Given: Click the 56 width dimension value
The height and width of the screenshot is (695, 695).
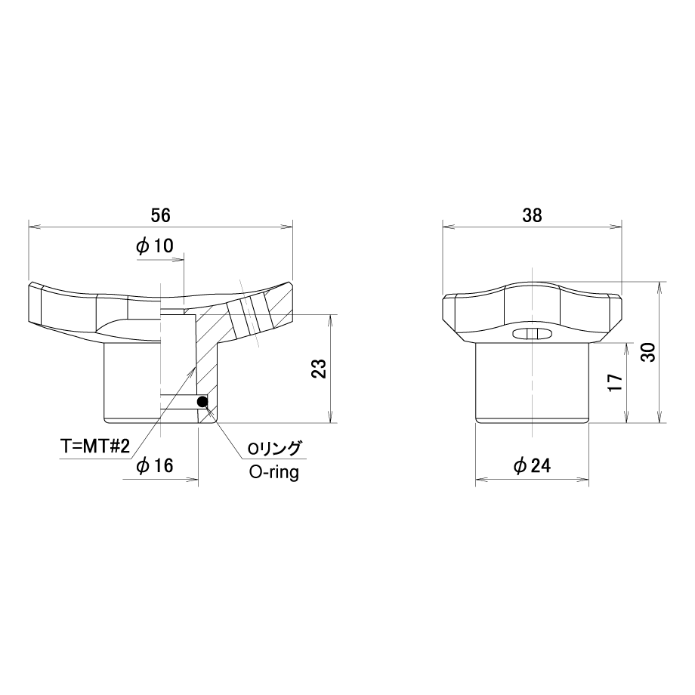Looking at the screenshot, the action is click(160, 215).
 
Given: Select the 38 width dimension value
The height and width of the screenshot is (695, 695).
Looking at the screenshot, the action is click(532, 215).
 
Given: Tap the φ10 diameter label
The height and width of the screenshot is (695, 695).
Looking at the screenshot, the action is click(155, 246).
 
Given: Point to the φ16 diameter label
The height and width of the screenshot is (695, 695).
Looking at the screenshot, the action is click(155, 465).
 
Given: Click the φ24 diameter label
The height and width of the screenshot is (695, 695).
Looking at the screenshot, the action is click(532, 465).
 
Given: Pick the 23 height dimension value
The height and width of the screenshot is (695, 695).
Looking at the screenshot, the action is click(319, 368).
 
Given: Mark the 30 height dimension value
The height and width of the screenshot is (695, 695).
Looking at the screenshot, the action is click(649, 352).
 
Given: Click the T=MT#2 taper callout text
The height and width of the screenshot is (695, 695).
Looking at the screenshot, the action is click(95, 446).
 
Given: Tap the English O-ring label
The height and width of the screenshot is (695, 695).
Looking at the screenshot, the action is click(274, 472).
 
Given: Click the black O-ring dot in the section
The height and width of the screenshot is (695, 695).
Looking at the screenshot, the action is click(202, 402).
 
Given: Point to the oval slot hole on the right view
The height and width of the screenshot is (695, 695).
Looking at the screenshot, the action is click(532, 334).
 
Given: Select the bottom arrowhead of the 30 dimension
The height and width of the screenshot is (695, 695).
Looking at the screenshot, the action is click(660, 418).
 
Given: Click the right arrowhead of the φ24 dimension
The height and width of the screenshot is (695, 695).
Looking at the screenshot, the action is click(584, 479).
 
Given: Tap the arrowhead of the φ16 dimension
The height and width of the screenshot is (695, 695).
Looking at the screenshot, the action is click(193, 479).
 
